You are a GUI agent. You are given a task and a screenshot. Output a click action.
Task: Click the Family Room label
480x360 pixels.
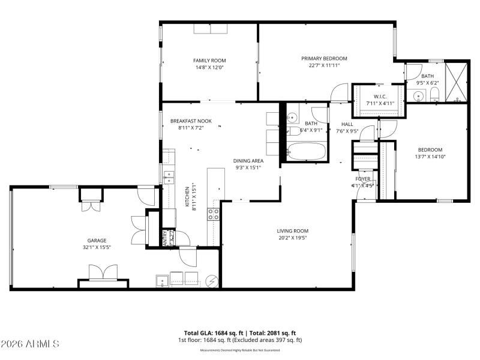click(209, 60)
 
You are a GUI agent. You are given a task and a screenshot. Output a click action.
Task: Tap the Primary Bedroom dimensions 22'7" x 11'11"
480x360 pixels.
click(324, 65)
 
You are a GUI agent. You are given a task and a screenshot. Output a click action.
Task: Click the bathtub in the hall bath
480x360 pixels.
click(306, 151)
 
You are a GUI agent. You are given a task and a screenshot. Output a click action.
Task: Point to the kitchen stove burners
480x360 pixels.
click(213, 214)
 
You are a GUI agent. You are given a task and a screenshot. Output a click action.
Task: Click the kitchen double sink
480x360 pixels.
click(169, 177)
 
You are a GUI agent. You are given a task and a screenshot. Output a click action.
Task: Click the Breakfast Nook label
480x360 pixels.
click(191, 121)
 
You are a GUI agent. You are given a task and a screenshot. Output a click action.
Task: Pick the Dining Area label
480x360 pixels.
click(248, 160)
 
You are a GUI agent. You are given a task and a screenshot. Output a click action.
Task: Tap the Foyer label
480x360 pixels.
click(363, 179)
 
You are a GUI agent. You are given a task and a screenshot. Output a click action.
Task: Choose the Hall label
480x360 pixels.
click(347, 124)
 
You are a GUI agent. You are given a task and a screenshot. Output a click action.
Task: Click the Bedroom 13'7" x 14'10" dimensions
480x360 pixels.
click(430, 157)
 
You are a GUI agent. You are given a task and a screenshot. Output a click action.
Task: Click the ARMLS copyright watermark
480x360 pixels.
click(30, 344)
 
